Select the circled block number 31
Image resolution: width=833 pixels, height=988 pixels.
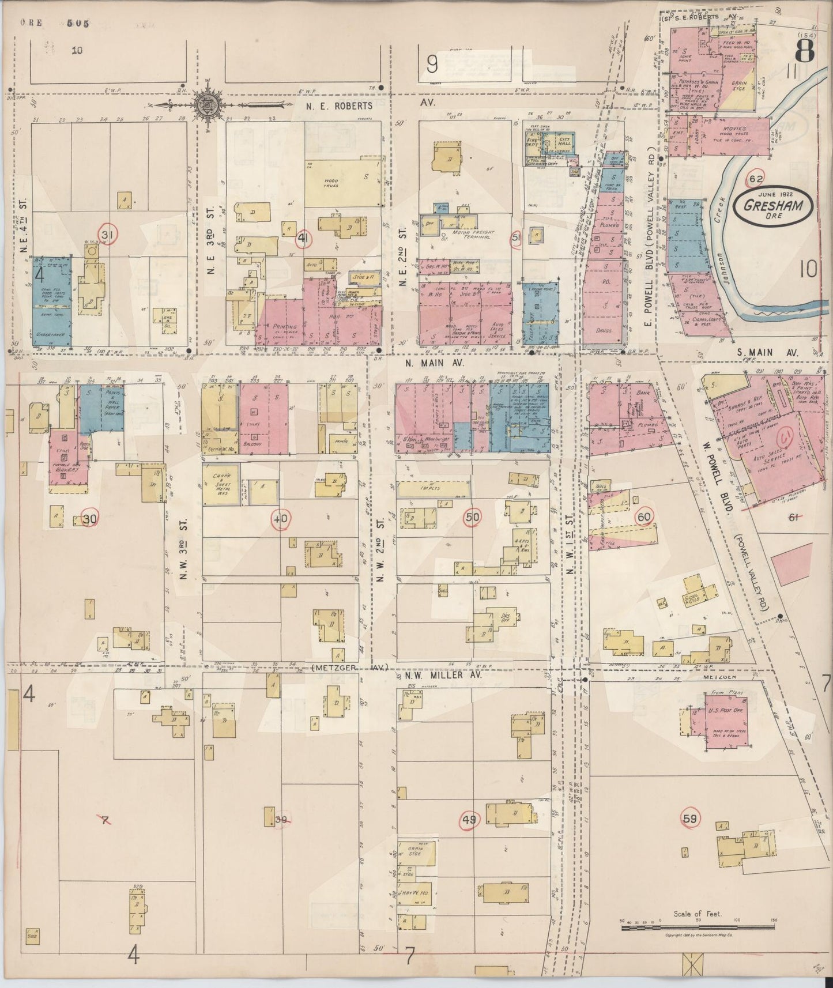coord(106,235)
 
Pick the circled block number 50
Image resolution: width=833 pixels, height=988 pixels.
coord(472,517)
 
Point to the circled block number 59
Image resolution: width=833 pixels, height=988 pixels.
coord(690,818)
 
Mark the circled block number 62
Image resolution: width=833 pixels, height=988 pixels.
coord(756,179)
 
